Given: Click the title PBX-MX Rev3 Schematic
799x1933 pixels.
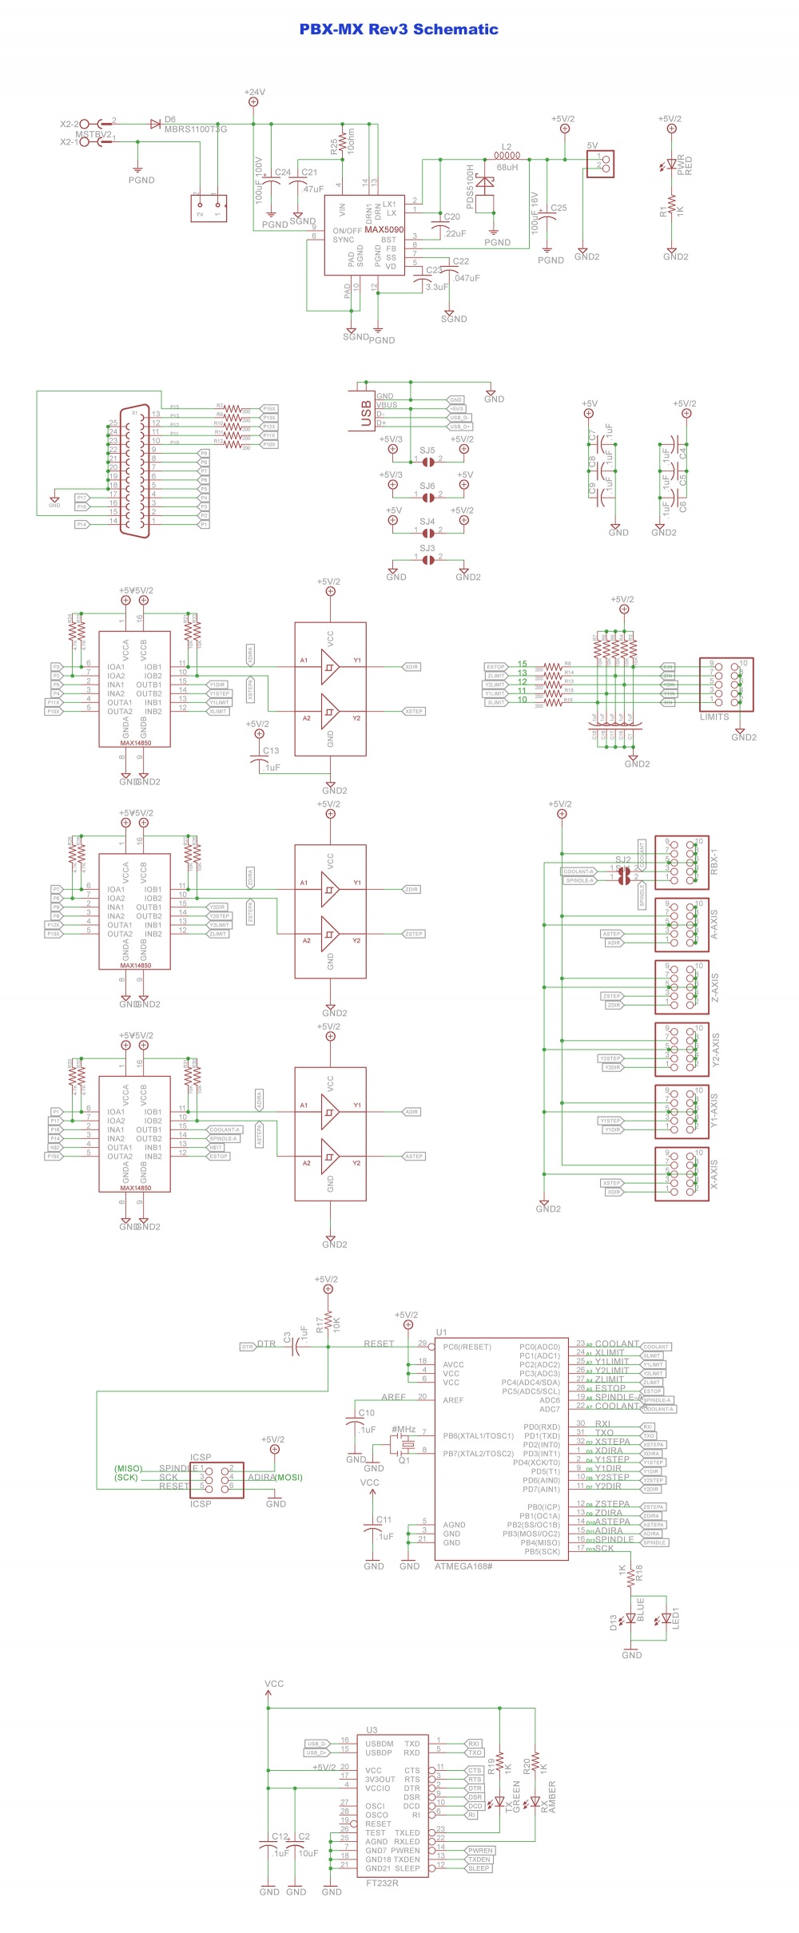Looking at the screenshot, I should tap(399, 30).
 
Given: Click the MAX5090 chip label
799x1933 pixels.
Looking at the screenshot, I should tap(384, 230).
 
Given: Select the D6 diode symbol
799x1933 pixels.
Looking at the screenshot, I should tap(155, 124).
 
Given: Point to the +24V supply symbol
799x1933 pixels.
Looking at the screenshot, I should tap(254, 101).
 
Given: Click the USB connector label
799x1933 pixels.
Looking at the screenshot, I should tap(367, 414).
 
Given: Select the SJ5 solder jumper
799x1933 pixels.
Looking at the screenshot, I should tap(428, 460).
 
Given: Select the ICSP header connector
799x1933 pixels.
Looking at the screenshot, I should tap(217, 1480).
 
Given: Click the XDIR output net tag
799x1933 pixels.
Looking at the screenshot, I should tap(411, 666).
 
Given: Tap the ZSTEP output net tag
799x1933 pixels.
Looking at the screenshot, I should tap(413, 934).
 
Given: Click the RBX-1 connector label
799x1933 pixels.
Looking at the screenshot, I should tap(714, 861).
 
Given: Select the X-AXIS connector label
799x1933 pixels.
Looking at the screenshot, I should tap(714, 1174).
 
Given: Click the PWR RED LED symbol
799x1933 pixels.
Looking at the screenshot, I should tap(672, 165).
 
